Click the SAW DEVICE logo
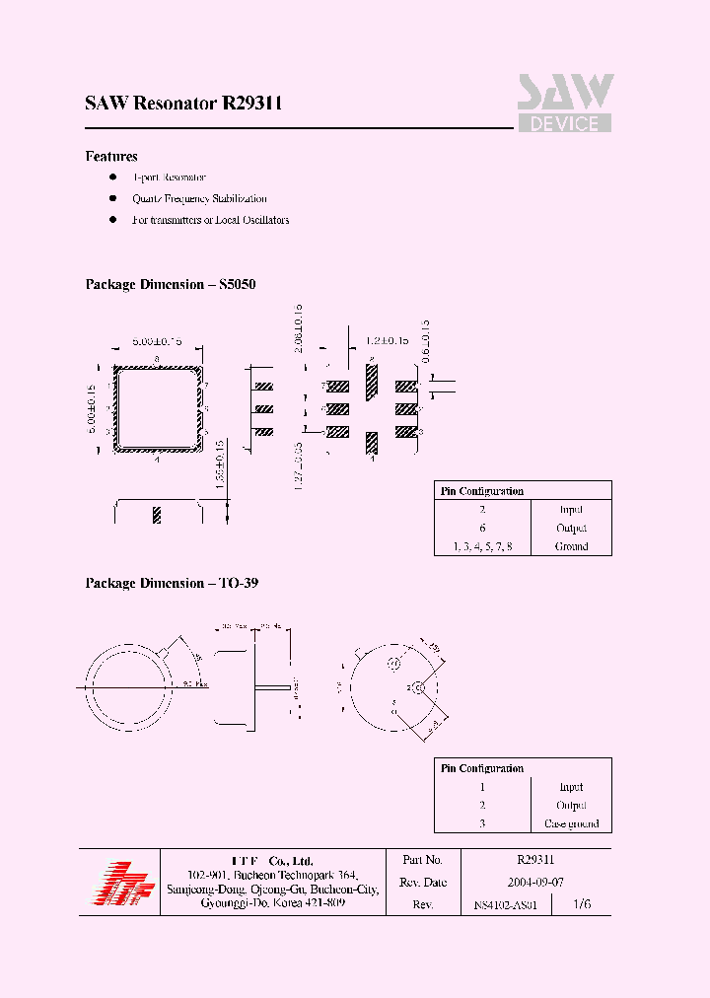coord(565,104)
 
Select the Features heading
coord(111,157)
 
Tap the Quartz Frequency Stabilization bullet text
coord(200,198)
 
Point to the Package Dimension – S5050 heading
coord(171,284)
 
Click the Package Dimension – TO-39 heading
coord(172,584)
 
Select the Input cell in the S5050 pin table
coord(571,510)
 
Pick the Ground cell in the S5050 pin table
coord(571,546)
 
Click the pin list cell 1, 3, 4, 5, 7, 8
coord(482,546)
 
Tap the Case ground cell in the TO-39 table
coord(571,823)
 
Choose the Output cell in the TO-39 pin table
coord(571,806)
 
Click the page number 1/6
coord(584,903)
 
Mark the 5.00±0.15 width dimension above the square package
coord(158,341)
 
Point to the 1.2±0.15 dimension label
coord(388,340)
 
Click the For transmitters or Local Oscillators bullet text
coord(211,220)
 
